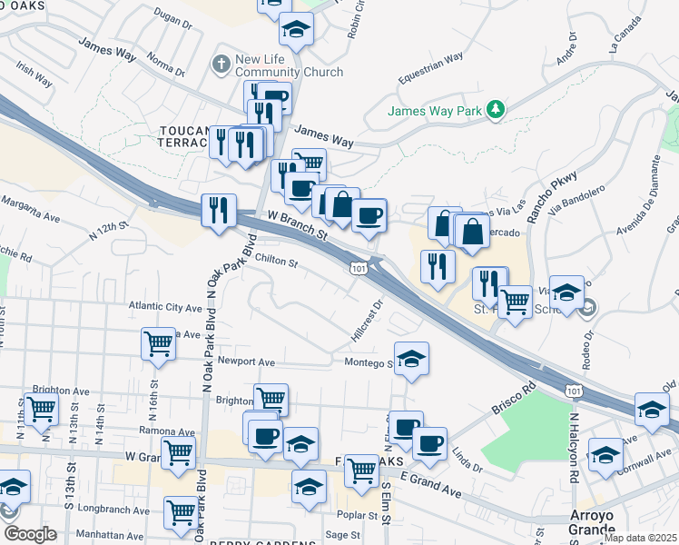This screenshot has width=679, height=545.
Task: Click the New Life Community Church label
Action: (x=289, y=65)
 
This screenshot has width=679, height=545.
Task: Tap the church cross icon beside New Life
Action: (x=220, y=64)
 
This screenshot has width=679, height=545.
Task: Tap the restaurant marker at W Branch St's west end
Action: (x=219, y=212)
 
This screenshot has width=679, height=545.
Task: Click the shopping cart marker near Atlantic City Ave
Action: (x=159, y=345)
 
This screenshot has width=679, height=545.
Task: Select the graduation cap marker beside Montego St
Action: (x=411, y=359)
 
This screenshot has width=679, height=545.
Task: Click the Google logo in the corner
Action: (x=30, y=533)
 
